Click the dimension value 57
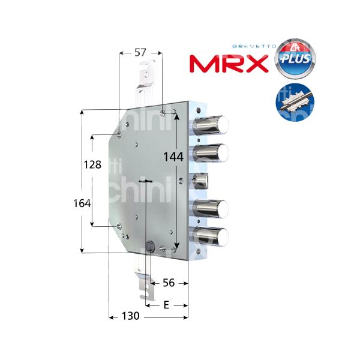tap(140, 53)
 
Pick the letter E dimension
tap(166, 305)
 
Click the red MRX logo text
tap(229, 63)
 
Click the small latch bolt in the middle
tap(200, 180)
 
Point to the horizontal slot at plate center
tap(145, 182)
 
